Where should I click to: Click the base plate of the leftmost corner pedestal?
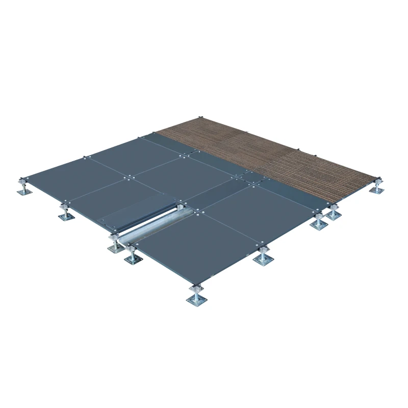pos(22,192)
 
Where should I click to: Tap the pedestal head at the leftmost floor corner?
pos(23,180)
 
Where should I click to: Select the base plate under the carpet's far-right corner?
pos(377,191)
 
